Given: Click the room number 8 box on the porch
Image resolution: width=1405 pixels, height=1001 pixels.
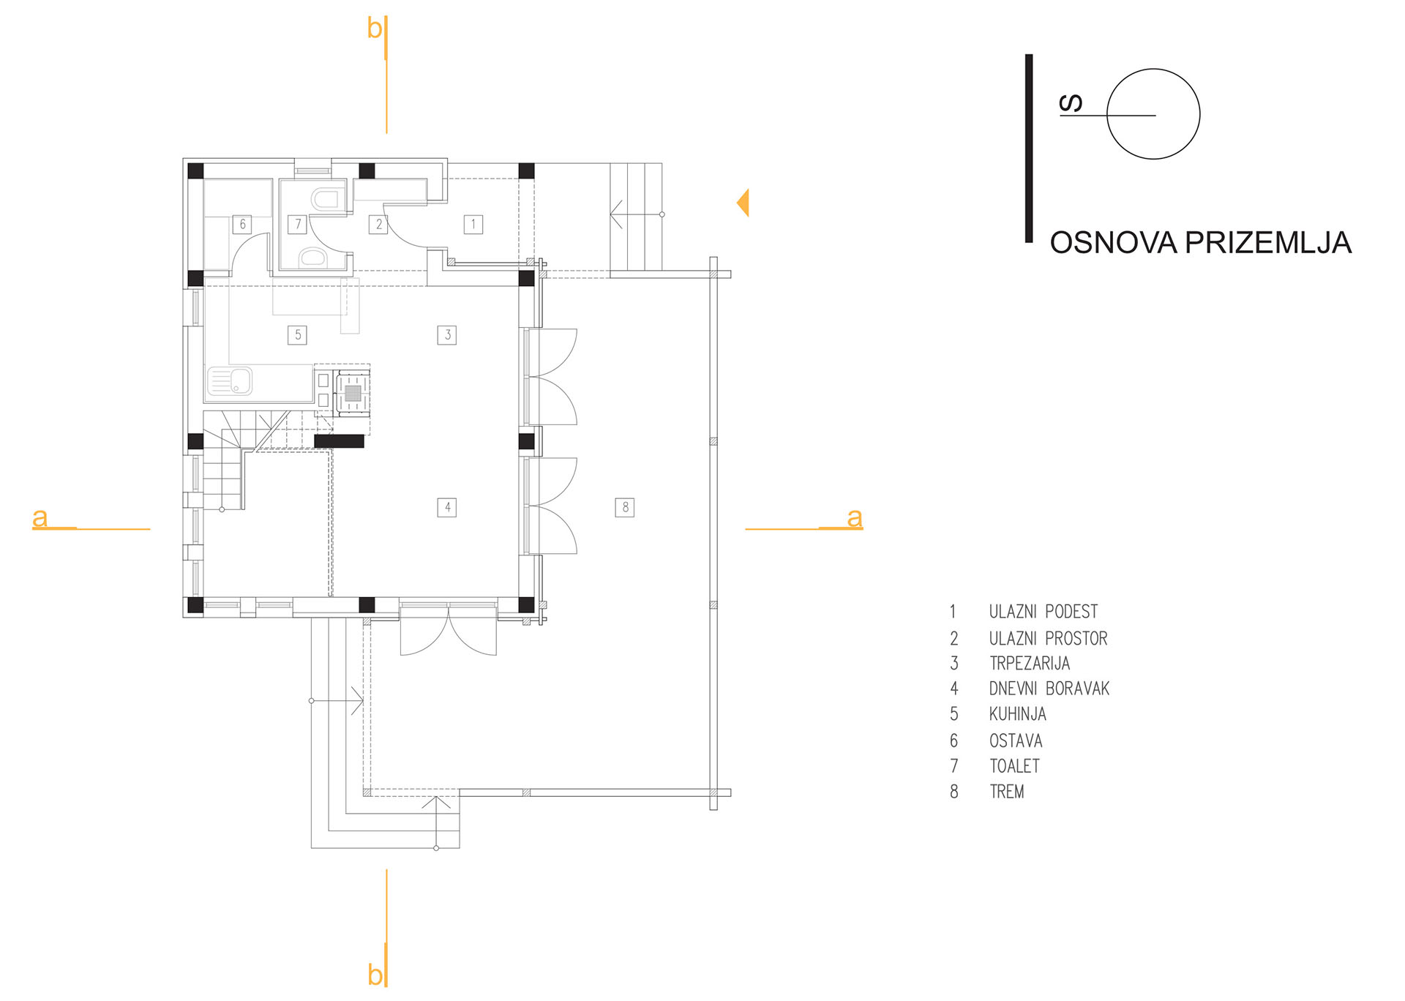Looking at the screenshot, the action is click(625, 507).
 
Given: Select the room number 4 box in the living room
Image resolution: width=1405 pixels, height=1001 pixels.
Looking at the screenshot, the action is click(447, 507).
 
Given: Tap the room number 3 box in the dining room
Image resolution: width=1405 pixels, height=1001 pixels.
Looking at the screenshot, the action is click(447, 335).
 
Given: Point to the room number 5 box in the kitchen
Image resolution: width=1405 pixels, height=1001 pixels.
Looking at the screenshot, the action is click(297, 335).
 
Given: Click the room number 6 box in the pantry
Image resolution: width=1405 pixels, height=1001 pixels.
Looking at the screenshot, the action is click(242, 224).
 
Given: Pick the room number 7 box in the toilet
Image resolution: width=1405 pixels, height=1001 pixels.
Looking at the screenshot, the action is click(297, 224).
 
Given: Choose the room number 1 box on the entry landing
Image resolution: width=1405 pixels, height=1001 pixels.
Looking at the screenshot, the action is click(473, 224).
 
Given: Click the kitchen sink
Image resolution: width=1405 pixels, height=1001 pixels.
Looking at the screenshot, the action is click(230, 381).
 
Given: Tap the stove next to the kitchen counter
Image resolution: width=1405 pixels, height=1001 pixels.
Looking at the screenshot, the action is click(352, 393).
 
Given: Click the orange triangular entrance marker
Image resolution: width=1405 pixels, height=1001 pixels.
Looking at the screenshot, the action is click(743, 203).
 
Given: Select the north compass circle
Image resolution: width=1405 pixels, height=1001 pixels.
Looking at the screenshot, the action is click(1153, 114).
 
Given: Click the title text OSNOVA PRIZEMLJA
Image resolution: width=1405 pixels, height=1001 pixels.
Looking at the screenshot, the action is click(1200, 243).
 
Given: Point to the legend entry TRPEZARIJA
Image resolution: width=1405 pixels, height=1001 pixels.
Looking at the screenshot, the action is click(1030, 664).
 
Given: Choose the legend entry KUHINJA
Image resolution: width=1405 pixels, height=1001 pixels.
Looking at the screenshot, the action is click(1018, 714).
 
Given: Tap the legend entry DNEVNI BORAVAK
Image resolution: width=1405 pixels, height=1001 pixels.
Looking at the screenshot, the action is click(1049, 689).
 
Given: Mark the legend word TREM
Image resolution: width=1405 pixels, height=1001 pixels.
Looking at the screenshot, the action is click(1007, 792).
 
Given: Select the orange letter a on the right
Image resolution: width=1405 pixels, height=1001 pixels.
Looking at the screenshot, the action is click(855, 518).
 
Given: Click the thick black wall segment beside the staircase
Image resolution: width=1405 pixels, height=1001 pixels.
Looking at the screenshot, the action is click(339, 441).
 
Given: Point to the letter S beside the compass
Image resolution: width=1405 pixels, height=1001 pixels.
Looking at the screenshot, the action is click(1071, 104).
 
